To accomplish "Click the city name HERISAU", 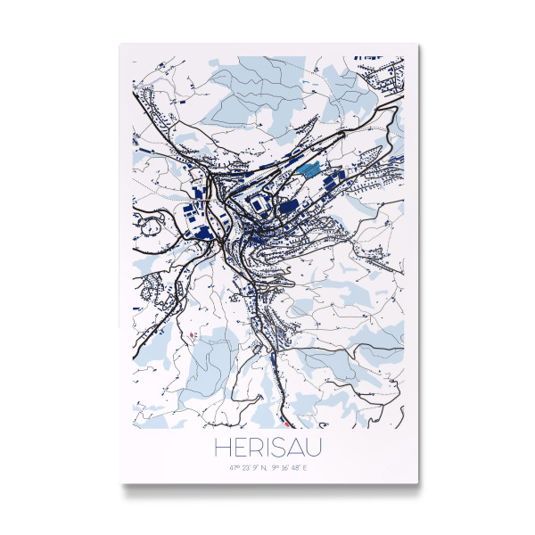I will coord(267,445).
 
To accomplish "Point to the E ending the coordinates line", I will coord(306,466).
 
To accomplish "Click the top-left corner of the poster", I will coord(119,44).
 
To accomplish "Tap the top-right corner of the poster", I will coord(417,44).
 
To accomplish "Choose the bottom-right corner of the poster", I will coord(417,483).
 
